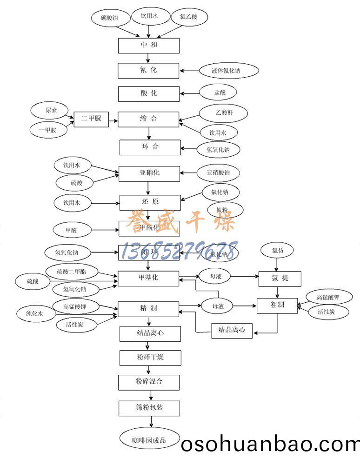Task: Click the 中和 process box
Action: [148, 45]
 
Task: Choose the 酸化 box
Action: [148, 93]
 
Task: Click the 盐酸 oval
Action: [220, 93]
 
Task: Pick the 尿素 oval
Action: [51, 111]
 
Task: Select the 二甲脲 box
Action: [91, 119]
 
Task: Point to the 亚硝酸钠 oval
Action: [219, 173]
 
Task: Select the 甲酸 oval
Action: [72, 229]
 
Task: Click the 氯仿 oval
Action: [277, 251]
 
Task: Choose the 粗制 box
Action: [277, 305]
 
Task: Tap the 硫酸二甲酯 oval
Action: [71, 272]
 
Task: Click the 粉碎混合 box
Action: [149, 382]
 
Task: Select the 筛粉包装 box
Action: [149, 408]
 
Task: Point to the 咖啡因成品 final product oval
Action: [149, 439]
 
